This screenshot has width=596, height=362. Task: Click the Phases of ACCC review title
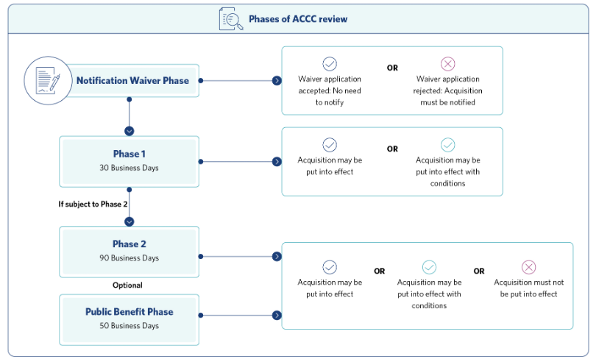(x=298, y=19)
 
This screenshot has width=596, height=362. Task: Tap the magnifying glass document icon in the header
(x=231, y=19)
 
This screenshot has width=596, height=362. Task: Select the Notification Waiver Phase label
(x=132, y=81)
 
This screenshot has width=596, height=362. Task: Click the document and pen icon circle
(x=48, y=81)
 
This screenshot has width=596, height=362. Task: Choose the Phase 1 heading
(x=130, y=154)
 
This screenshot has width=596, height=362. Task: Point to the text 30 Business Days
(x=130, y=168)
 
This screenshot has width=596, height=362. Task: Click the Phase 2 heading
(x=130, y=244)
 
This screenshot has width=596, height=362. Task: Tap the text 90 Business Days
(x=130, y=258)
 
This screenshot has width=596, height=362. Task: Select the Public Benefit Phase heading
(x=130, y=312)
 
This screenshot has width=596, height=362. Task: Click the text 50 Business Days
(x=130, y=325)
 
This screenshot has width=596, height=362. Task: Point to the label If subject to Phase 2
(x=93, y=205)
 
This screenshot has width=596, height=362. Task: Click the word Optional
(x=127, y=285)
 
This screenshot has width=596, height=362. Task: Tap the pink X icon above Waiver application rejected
(x=448, y=63)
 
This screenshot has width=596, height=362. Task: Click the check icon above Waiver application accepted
(x=330, y=63)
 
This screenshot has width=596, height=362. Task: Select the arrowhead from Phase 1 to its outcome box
(x=277, y=162)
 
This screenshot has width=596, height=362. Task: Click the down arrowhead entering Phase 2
(x=130, y=221)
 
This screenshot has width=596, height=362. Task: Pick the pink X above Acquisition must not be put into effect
(x=528, y=267)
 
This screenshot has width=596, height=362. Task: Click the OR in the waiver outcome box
(x=392, y=68)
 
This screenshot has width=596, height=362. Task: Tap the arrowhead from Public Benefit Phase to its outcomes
(x=277, y=315)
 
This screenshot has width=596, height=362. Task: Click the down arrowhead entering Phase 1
(x=130, y=131)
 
